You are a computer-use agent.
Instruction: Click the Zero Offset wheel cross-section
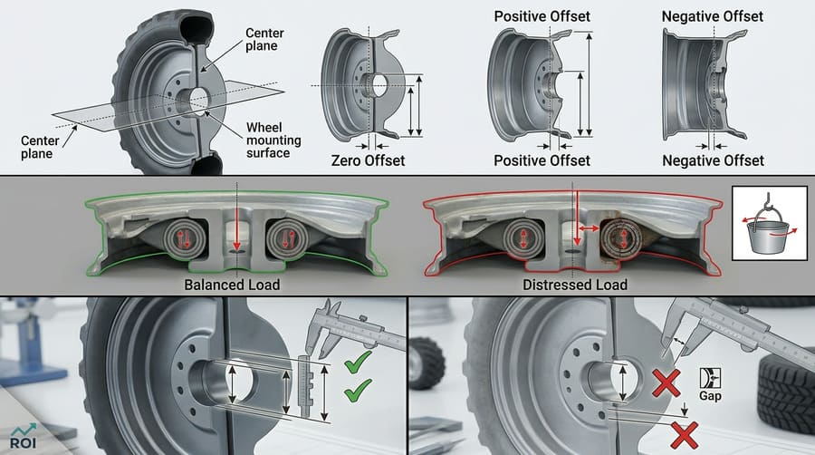(362, 86)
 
